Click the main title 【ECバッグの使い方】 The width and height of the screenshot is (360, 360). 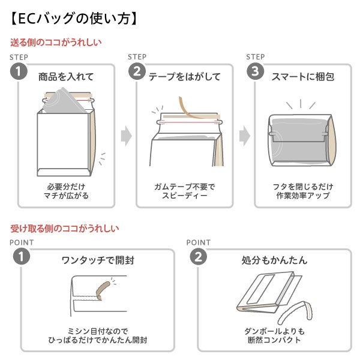click(75, 18)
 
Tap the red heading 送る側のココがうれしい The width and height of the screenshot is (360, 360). click(56, 43)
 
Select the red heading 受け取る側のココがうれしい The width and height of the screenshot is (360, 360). click(65, 228)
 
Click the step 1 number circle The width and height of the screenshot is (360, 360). click(19, 72)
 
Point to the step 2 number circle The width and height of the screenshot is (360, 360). click(137, 72)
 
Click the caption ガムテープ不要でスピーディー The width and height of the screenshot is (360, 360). click(184, 191)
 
